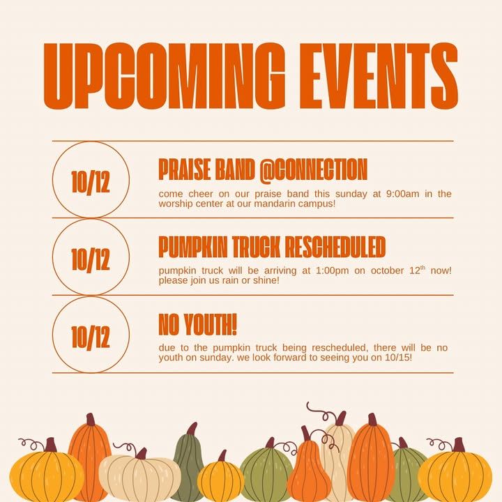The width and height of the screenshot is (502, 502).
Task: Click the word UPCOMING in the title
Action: point(164,76)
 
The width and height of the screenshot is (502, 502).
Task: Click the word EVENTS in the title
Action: point(379,76)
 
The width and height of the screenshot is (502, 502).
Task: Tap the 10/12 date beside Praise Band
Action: point(91,182)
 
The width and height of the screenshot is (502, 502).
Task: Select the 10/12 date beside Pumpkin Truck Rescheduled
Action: point(91,259)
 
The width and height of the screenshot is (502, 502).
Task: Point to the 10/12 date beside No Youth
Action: point(91,337)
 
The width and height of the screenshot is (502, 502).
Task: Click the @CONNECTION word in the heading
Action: point(313,171)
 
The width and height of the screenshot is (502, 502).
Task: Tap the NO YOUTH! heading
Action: point(197,324)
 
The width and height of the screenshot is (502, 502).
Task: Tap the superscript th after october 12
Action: point(423,268)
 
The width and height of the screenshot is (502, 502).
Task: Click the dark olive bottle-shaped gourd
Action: point(189,461)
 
